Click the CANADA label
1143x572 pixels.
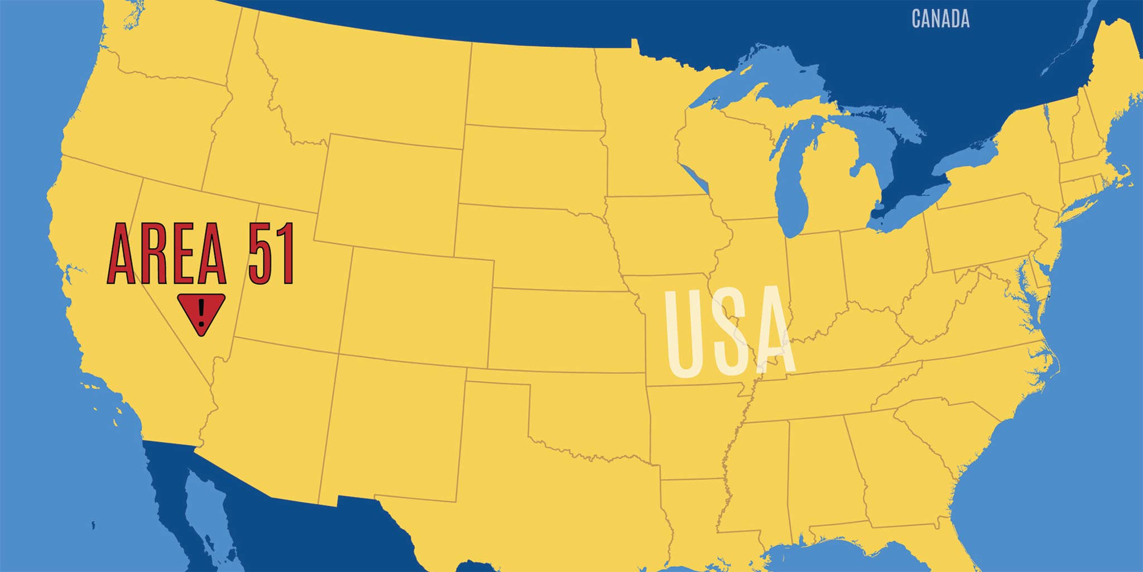pyautogui.click(x=940, y=19)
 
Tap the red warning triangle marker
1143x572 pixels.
pyautogui.click(x=201, y=313)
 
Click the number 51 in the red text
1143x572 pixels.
pyautogui.click(x=271, y=254)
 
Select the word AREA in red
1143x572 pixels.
pyautogui.click(x=167, y=254)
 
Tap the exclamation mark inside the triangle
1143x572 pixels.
pyautogui.click(x=201, y=311)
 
